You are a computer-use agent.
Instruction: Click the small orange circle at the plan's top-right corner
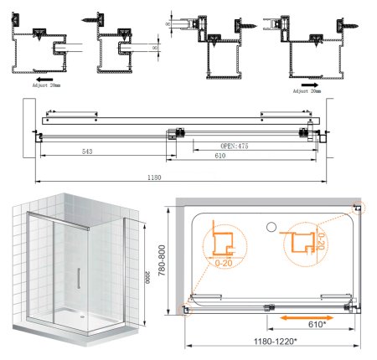click(x=358, y=206)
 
